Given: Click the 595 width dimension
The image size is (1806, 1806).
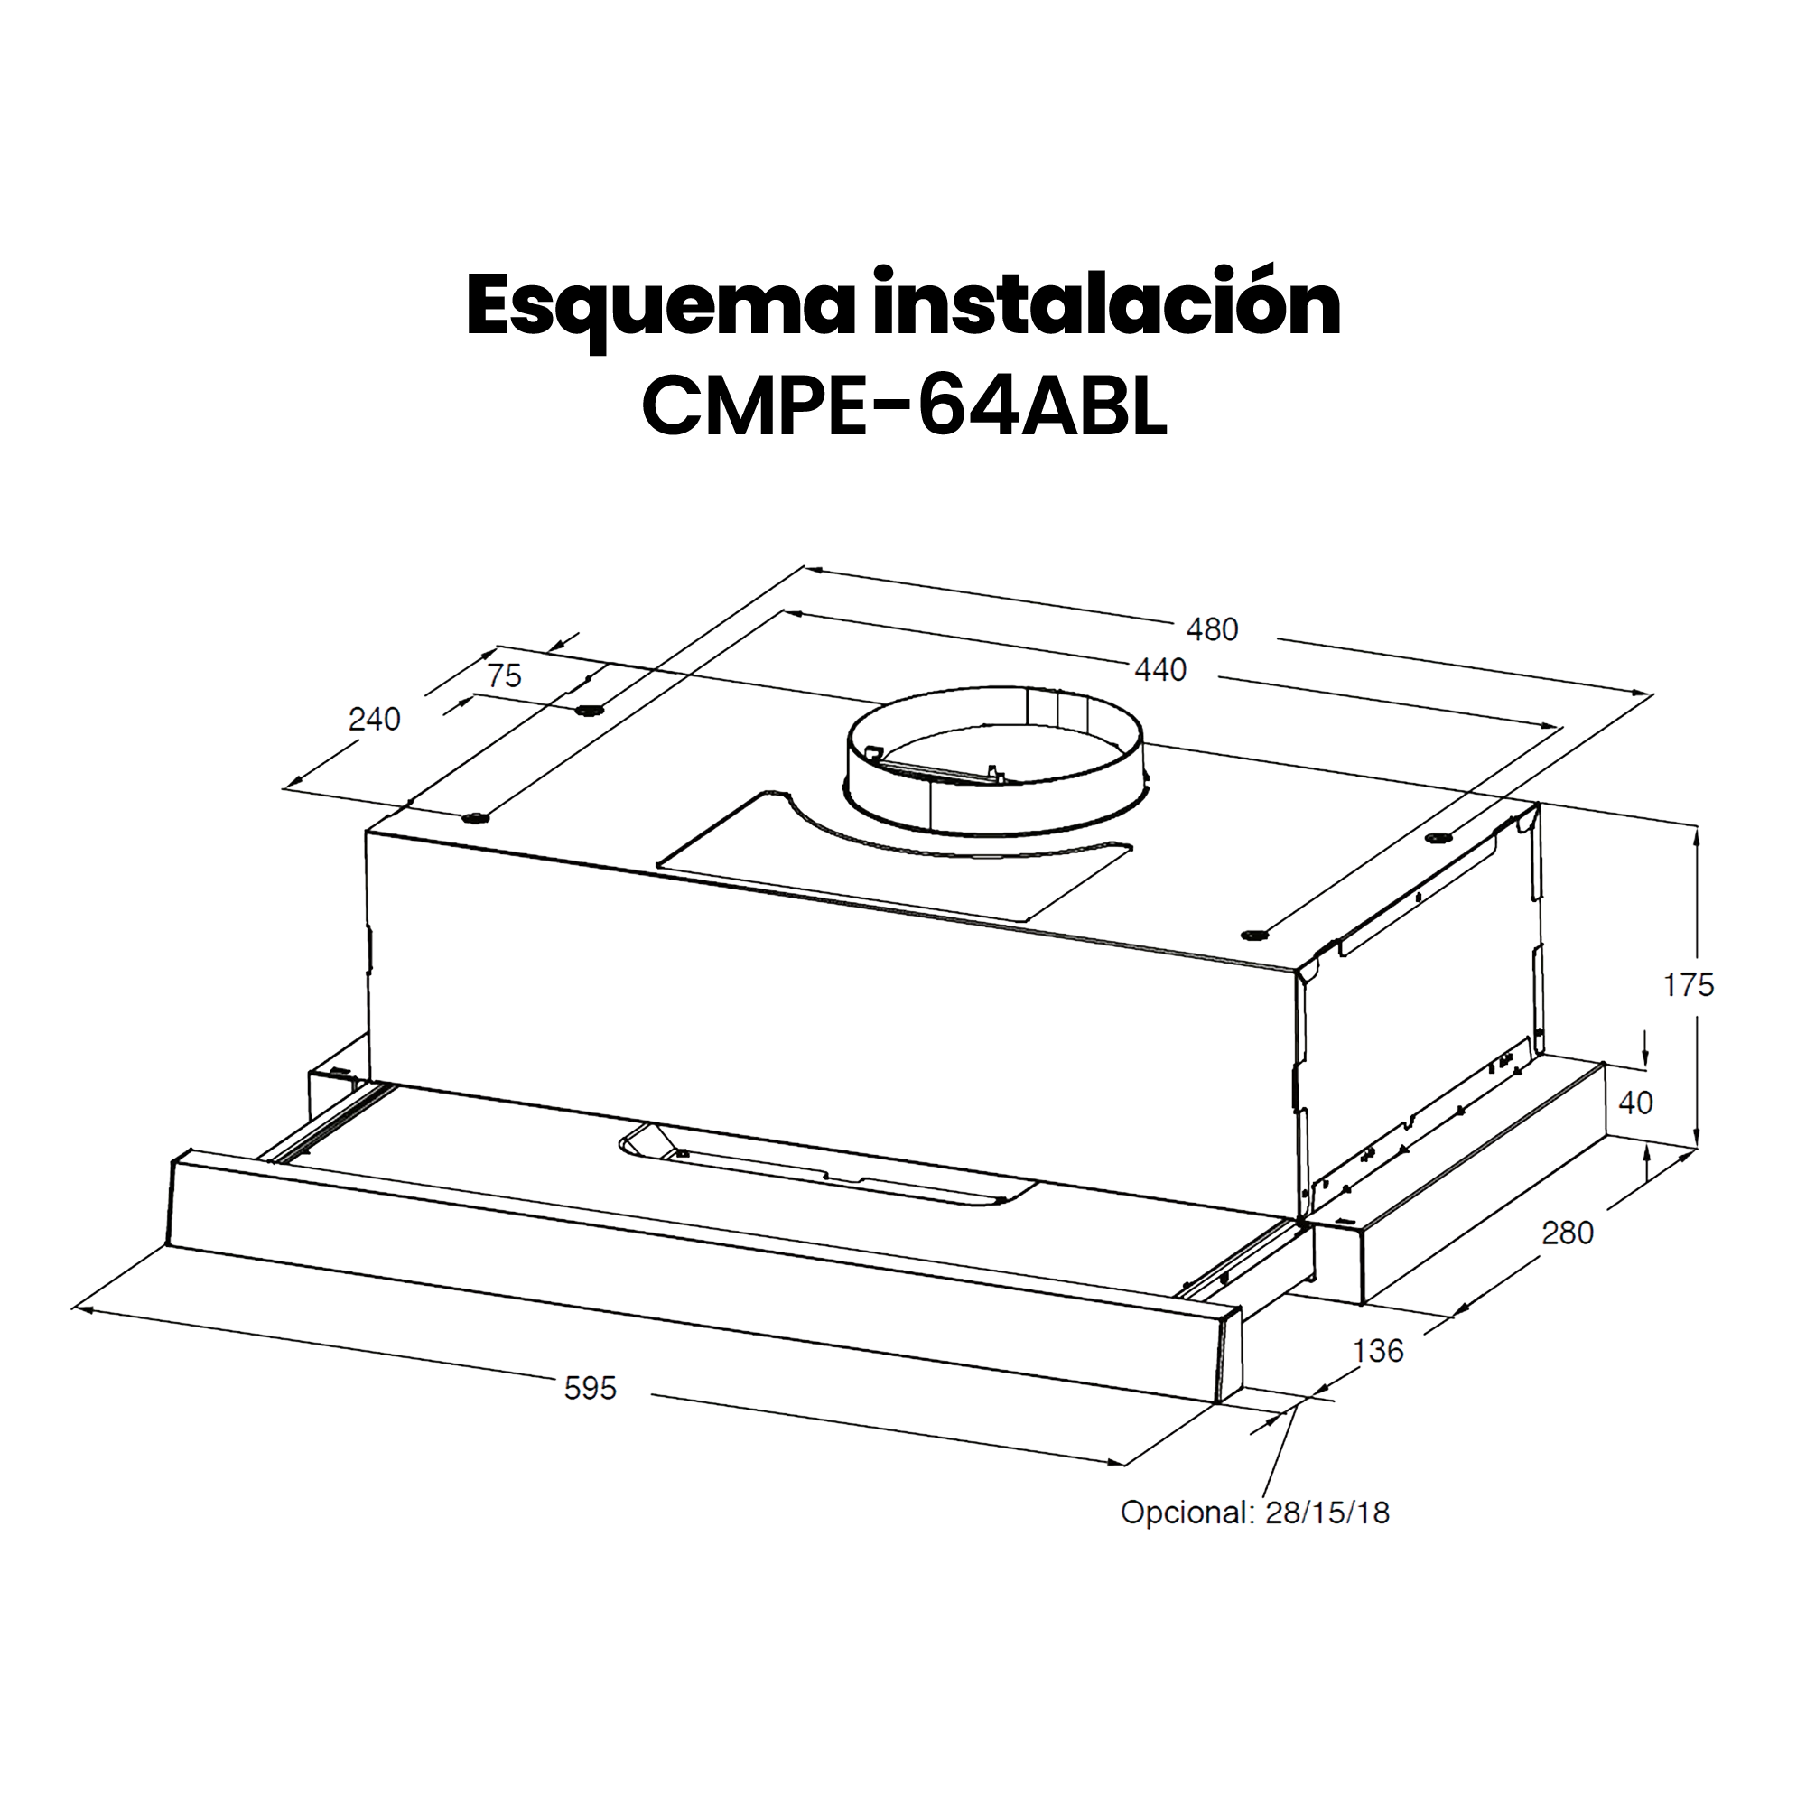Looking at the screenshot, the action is point(590,1388).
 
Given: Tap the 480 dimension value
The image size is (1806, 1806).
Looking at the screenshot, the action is point(1212,630).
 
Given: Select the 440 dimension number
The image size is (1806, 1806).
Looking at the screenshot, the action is point(1160,670).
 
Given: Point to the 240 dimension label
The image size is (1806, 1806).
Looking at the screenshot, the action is point(374,719).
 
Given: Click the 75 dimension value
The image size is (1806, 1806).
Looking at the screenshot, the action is point(505,675).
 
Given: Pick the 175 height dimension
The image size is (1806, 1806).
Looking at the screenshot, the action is point(1689,984).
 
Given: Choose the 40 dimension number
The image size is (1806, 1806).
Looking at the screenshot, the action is point(1635,1103).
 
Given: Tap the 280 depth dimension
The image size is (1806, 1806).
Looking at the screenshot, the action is point(1567,1233).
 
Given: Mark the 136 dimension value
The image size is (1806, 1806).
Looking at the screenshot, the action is point(1378,1351).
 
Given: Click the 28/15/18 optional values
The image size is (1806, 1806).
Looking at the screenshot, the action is point(1327,1513).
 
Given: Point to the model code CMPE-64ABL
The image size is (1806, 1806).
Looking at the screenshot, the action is point(904,406).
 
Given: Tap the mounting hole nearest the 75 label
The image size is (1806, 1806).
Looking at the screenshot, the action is point(587,712).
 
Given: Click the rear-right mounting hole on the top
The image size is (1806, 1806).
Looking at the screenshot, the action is point(1436,838).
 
